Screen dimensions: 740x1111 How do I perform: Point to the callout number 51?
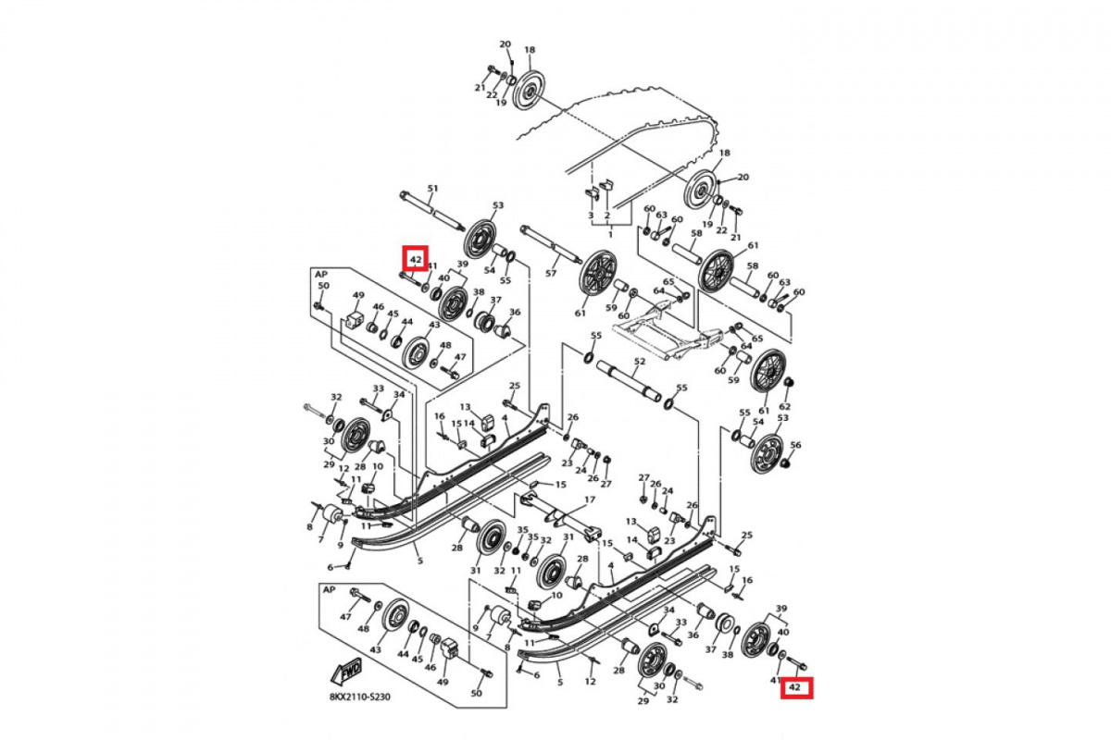click(432, 190)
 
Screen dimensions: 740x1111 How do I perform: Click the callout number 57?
click(551, 274)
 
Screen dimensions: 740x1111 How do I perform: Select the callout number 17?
click(589, 499)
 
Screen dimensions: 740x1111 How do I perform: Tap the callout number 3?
click(591, 216)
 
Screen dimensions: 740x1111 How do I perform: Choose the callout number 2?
click(606, 216)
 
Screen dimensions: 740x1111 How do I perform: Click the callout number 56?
click(795, 445)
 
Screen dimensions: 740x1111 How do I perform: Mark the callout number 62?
click(785, 405)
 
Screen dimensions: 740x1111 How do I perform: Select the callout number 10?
click(377, 467)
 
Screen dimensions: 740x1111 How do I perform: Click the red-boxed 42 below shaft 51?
click(415, 258)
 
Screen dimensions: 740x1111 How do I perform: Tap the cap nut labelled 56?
click(783, 462)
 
